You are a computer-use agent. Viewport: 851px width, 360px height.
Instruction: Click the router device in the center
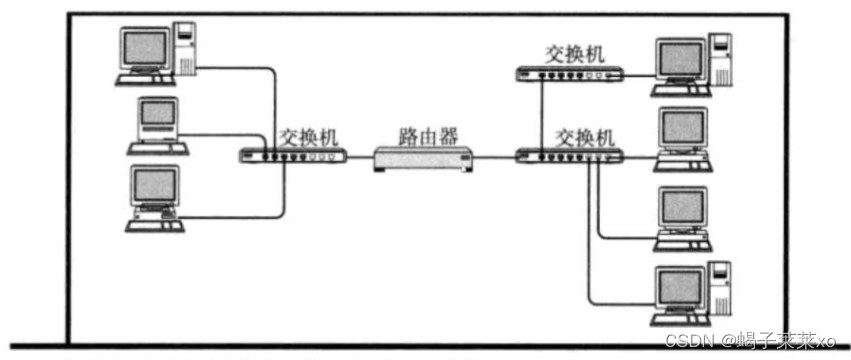click(423, 157)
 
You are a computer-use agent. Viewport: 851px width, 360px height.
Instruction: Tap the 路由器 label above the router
click(423, 133)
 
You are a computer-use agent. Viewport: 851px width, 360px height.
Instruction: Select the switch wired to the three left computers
click(292, 156)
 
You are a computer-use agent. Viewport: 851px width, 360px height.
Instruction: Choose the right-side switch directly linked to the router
click(571, 156)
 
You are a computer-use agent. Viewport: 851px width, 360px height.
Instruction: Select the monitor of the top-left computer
click(142, 47)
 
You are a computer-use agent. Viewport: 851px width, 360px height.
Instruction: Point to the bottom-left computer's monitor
click(154, 186)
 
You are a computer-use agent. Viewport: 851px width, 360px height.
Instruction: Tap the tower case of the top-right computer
click(720, 59)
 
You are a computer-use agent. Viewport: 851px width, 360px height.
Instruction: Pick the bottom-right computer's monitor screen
click(675, 286)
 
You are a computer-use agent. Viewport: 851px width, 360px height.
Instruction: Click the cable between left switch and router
click(360, 157)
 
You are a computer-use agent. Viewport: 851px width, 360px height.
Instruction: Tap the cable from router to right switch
click(495, 157)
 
